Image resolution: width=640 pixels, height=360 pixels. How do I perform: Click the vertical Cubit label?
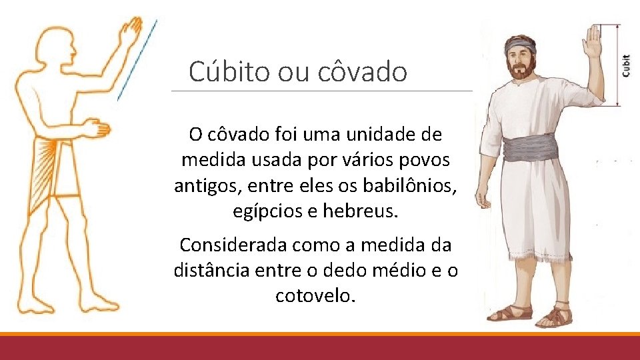click(626, 65)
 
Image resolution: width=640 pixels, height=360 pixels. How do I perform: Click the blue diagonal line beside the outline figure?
click(137, 60)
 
